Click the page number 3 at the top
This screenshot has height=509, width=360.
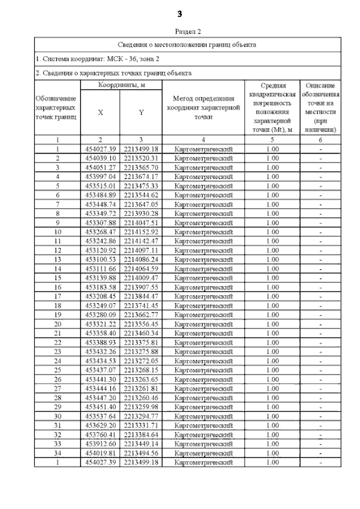click(179, 13)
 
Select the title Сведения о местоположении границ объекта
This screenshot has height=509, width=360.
click(188, 44)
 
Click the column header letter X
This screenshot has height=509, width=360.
click(101, 112)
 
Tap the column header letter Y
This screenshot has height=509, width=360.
click(141, 112)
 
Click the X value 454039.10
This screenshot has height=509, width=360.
click(101, 158)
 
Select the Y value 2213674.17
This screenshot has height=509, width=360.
click(141, 176)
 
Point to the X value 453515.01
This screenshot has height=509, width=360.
click(101, 186)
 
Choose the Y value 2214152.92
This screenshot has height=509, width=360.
click(141, 231)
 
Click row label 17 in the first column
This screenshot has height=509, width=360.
click(57, 295)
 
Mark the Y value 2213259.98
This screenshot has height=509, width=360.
click(141, 406)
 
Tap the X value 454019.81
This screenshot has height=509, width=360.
click(101, 452)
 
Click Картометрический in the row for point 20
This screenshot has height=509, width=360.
click(204, 323)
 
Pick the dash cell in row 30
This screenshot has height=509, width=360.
click(320, 416)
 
